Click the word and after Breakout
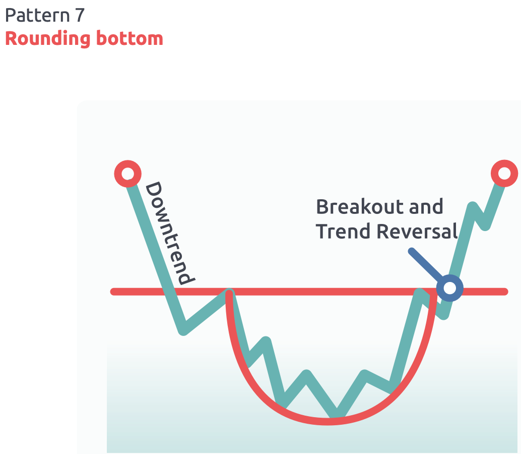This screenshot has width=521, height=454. (x=426, y=207)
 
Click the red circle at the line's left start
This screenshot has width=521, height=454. (x=127, y=174)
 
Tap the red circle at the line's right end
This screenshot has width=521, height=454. (x=504, y=174)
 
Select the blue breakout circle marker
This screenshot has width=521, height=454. (x=449, y=288)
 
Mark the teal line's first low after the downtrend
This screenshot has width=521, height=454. (x=184, y=331)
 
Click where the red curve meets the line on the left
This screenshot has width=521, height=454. (x=229, y=292)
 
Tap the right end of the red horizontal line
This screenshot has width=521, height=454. (x=505, y=292)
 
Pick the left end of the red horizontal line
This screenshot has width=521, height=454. (x=113, y=292)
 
